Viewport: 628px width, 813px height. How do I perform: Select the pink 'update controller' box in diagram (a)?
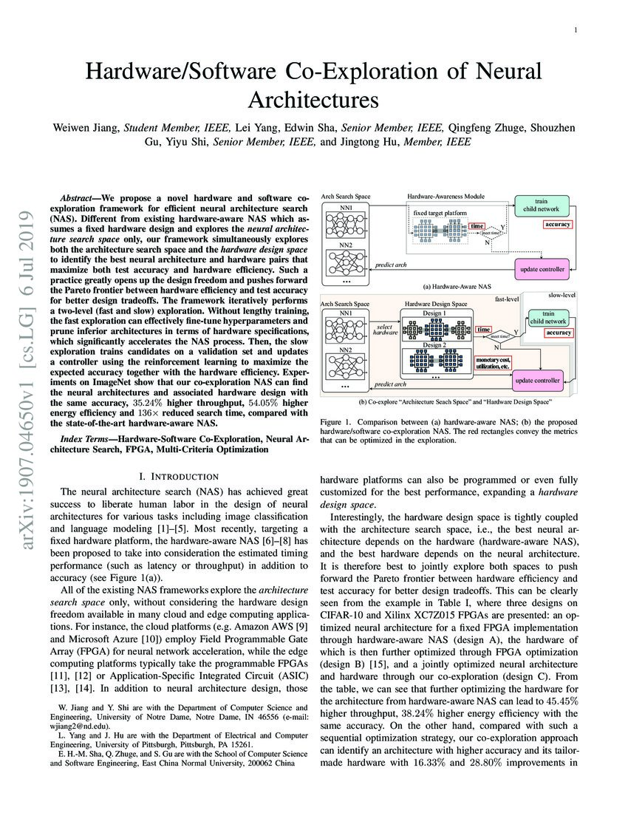tap(542, 269)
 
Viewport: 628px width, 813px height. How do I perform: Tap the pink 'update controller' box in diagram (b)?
tap(538, 380)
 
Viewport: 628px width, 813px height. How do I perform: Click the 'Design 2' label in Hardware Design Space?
tap(434, 345)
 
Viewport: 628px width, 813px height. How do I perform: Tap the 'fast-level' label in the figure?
tap(507, 299)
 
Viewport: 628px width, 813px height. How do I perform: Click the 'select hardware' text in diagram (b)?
tap(384, 330)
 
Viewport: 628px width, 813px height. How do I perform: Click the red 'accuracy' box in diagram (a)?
tap(558, 224)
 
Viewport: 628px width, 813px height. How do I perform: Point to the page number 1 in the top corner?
tap(575, 30)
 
